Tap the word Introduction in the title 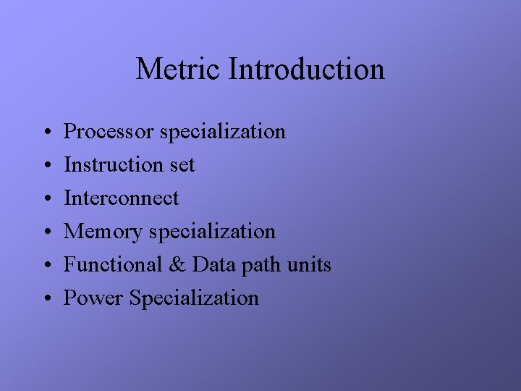click(x=306, y=70)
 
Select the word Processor click(x=109, y=132)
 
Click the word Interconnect click(x=121, y=198)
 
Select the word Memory click(x=103, y=232)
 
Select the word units click(x=310, y=265)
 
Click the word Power click(x=93, y=298)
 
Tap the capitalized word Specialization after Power click(x=193, y=298)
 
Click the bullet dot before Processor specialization click(x=45, y=133)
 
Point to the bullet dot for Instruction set click(x=45, y=167)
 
